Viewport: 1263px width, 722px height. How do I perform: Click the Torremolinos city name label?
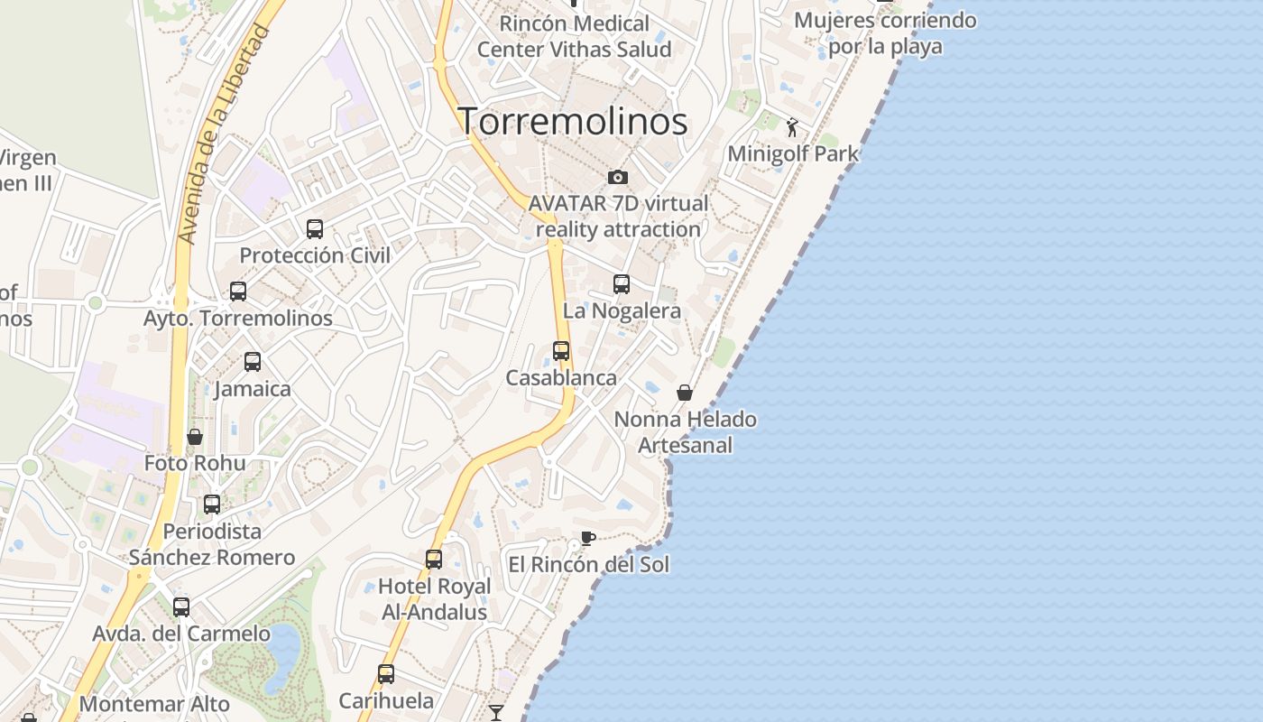pos(573,121)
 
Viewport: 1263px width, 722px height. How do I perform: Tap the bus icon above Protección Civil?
pos(315,229)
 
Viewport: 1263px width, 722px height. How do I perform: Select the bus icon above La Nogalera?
pos(622,284)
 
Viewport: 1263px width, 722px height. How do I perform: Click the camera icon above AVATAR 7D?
pos(618,177)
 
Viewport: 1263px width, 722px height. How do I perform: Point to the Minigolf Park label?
pos(793,153)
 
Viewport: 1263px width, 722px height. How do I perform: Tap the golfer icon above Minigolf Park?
pos(793,127)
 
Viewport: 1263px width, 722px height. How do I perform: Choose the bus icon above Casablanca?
pos(561,351)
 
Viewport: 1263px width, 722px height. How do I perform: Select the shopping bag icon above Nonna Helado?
pos(685,393)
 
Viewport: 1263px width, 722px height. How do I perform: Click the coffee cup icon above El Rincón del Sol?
pos(588,539)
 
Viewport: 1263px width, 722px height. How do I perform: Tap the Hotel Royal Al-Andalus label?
pos(434,599)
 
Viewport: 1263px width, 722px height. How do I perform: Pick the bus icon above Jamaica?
pos(253,362)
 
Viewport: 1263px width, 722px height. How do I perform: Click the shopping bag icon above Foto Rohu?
pos(195,437)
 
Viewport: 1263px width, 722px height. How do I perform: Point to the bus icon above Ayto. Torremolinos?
pos(238,292)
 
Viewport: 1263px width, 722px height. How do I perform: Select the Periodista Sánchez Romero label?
pos(212,544)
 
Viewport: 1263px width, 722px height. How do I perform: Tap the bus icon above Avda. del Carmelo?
pos(181,607)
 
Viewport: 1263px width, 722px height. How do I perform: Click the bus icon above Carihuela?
pos(386,673)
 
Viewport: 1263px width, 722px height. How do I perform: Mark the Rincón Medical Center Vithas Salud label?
pos(574,36)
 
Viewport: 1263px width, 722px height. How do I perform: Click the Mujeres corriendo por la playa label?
pos(885,32)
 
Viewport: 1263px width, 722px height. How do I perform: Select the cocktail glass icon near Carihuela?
pos(496,713)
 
